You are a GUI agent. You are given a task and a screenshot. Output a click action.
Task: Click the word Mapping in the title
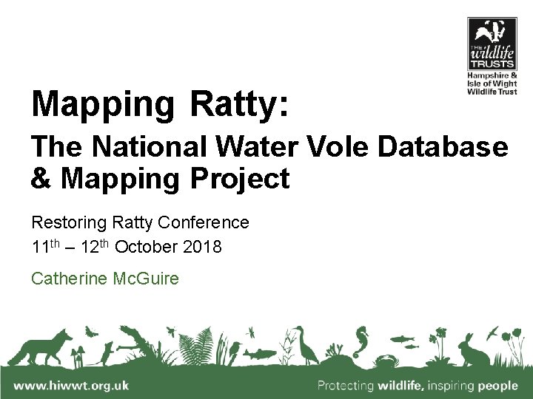[101, 104]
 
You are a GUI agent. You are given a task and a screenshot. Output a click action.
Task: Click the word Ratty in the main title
[235, 104]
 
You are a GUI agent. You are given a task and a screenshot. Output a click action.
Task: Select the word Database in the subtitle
[443, 147]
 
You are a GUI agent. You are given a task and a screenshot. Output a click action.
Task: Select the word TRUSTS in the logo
[492, 64]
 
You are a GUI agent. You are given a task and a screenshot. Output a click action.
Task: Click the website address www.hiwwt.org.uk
[71, 385]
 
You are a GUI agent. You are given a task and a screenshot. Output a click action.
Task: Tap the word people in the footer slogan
[497, 386]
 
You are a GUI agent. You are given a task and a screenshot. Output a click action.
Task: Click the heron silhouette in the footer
[303, 345]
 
